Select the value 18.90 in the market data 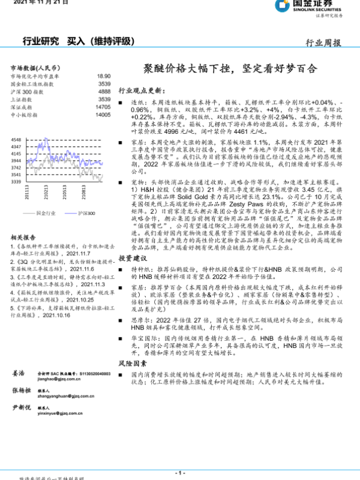pos(103,77)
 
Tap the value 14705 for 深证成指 pos(103,106)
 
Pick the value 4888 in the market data pos(104,92)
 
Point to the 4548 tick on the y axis pos(16,139)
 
